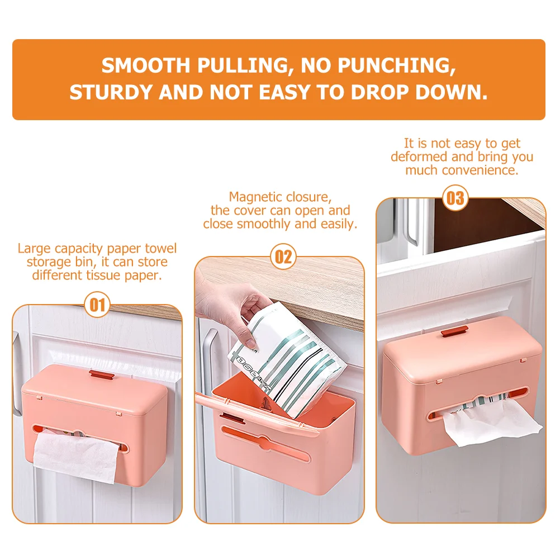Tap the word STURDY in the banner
point(111,93)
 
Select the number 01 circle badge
point(97,305)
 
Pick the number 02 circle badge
point(283,257)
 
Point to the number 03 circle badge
point(455,198)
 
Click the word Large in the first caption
point(34,249)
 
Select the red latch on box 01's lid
point(102,374)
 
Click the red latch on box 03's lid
point(454,331)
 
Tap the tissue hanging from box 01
point(77,455)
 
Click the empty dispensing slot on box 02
point(266,444)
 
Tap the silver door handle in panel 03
point(411,222)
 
